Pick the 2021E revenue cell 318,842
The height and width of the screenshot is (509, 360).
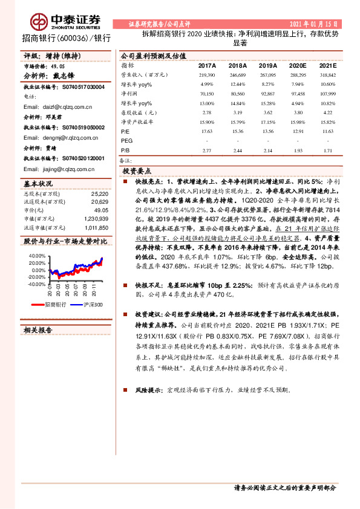point(326,74)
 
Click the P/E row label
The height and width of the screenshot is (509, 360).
point(125,130)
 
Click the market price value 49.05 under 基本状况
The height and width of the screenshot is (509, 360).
point(102,209)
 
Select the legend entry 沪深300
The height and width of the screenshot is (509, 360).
point(91,305)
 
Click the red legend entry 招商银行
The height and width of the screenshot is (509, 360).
point(55,305)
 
